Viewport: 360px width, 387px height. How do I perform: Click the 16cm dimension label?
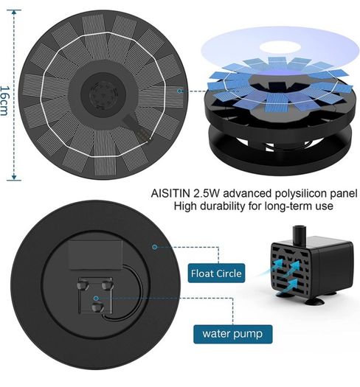tap(4, 101)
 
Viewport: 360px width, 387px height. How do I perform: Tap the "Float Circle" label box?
tap(216, 273)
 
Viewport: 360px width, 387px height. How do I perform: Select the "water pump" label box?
tap(232, 334)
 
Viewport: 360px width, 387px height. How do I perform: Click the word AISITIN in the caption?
tap(170, 193)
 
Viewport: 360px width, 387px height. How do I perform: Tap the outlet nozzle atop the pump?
tap(300, 235)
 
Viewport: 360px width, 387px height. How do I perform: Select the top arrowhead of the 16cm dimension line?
tap(14, 13)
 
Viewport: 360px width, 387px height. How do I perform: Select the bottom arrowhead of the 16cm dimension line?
tap(14, 176)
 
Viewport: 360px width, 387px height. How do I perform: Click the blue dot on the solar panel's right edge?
tap(179, 91)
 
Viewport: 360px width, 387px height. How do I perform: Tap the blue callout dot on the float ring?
tap(155, 246)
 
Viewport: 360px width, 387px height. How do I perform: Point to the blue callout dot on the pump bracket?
tap(96, 299)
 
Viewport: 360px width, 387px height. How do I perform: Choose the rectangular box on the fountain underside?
tap(95, 255)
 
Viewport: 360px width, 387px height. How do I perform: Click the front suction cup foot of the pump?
tap(315, 301)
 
